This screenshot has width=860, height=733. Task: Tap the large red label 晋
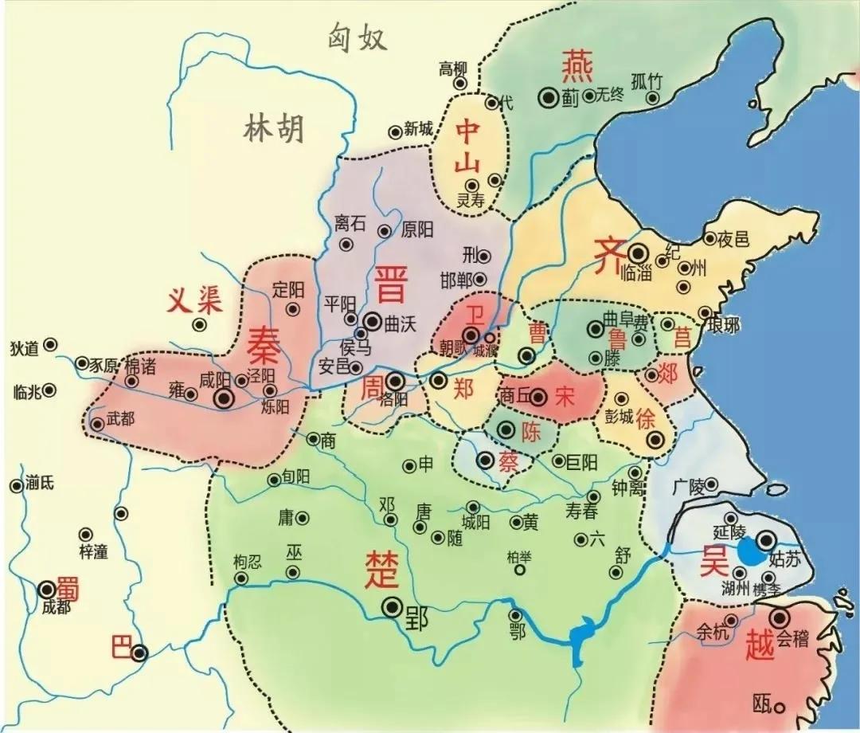pyautogui.click(x=389, y=284)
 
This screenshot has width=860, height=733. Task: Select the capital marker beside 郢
pyautogui.click(x=392, y=607)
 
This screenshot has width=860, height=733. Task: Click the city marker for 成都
pyautogui.click(x=47, y=590)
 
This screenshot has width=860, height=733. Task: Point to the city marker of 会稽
pyautogui.click(x=779, y=617)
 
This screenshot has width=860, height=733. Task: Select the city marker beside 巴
pyautogui.click(x=140, y=653)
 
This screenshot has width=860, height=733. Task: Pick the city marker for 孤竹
pyautogui.click(x=653, y=98)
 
